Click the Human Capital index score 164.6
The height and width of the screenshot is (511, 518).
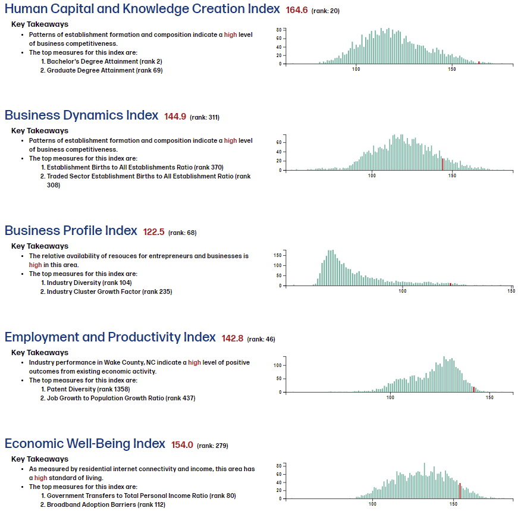tap(296, 10)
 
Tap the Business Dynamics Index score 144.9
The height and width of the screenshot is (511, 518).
tap(175, 117)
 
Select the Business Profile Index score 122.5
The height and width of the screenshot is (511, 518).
tap(153, 232)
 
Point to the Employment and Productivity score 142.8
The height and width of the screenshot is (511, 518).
tap(232, 338)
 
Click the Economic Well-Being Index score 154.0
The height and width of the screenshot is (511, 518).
tap(182, 445)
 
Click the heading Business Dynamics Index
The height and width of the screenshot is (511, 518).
tap(81, 115)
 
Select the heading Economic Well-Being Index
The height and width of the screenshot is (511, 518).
tap(85, 444)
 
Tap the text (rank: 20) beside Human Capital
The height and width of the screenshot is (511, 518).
tap(325, 11)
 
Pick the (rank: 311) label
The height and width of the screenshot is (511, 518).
tap(205, 117)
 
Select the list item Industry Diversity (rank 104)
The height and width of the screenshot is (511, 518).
tap(89, 283)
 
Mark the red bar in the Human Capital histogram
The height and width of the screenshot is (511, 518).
tap(479, 62)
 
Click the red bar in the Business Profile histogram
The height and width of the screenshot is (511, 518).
tap(451, 284)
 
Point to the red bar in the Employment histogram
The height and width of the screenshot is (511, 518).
tap(473, 389)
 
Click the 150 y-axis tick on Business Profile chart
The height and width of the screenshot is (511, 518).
tap(277, 255)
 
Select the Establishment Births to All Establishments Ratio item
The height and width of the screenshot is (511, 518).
tap(135, 167)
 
